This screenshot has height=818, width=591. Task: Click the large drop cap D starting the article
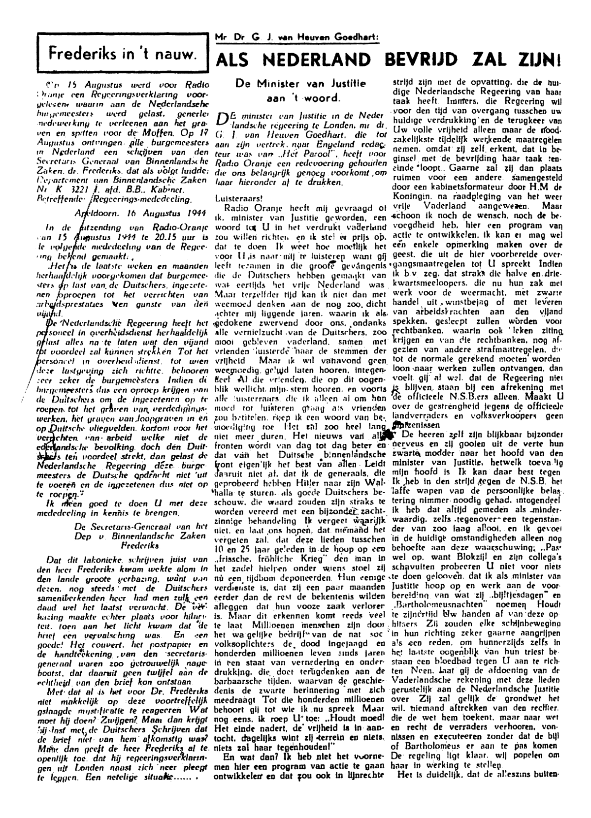pos(223,120)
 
